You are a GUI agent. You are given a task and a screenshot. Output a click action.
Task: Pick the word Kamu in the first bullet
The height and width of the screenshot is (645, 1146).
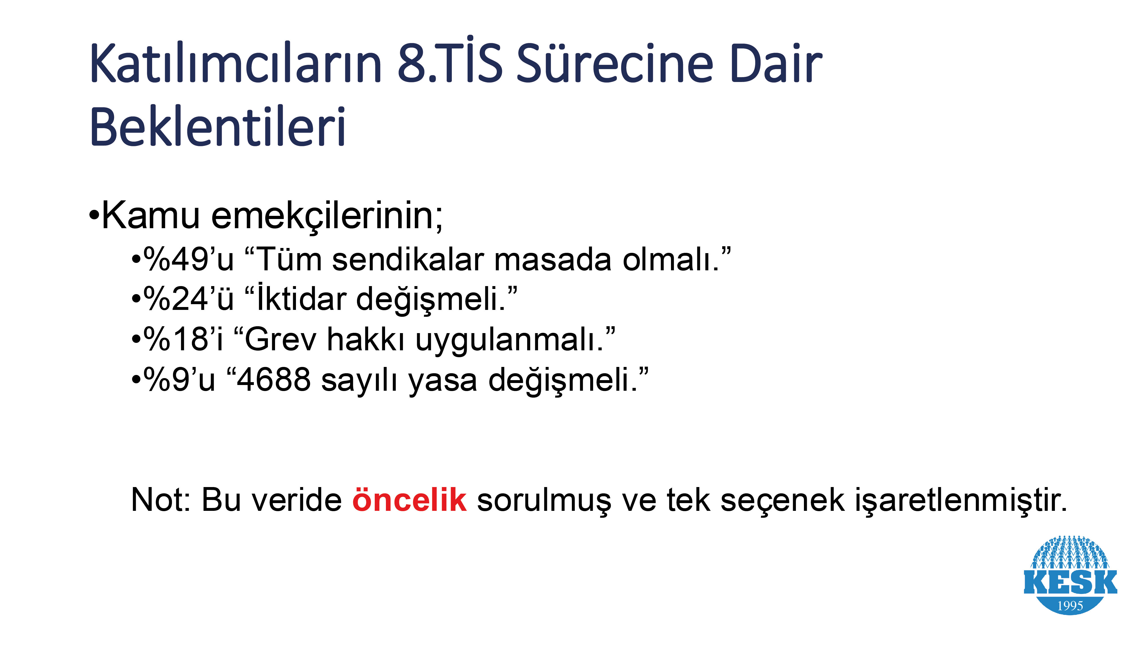pyautogui.click(x=151, y=216)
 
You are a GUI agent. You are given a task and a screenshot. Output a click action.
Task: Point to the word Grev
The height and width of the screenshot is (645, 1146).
pyautogui.click(x=280, y=339)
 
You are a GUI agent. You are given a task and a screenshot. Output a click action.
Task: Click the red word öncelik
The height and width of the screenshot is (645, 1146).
pyautogui.click(x=409, y=499)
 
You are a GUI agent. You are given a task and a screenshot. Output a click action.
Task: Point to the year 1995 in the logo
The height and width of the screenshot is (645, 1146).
pyautogui.click(x=1070, y=606)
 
